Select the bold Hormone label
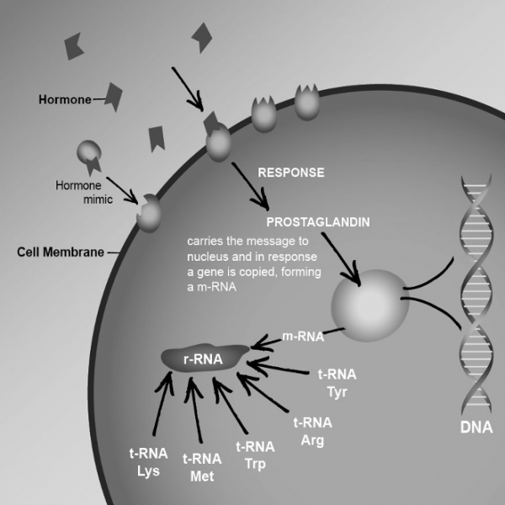click(x=65, y=98)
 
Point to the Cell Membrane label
click(x=56, y=252)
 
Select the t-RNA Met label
click(x=202, y=467)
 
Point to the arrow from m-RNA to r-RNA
click(x=268, y=341)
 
